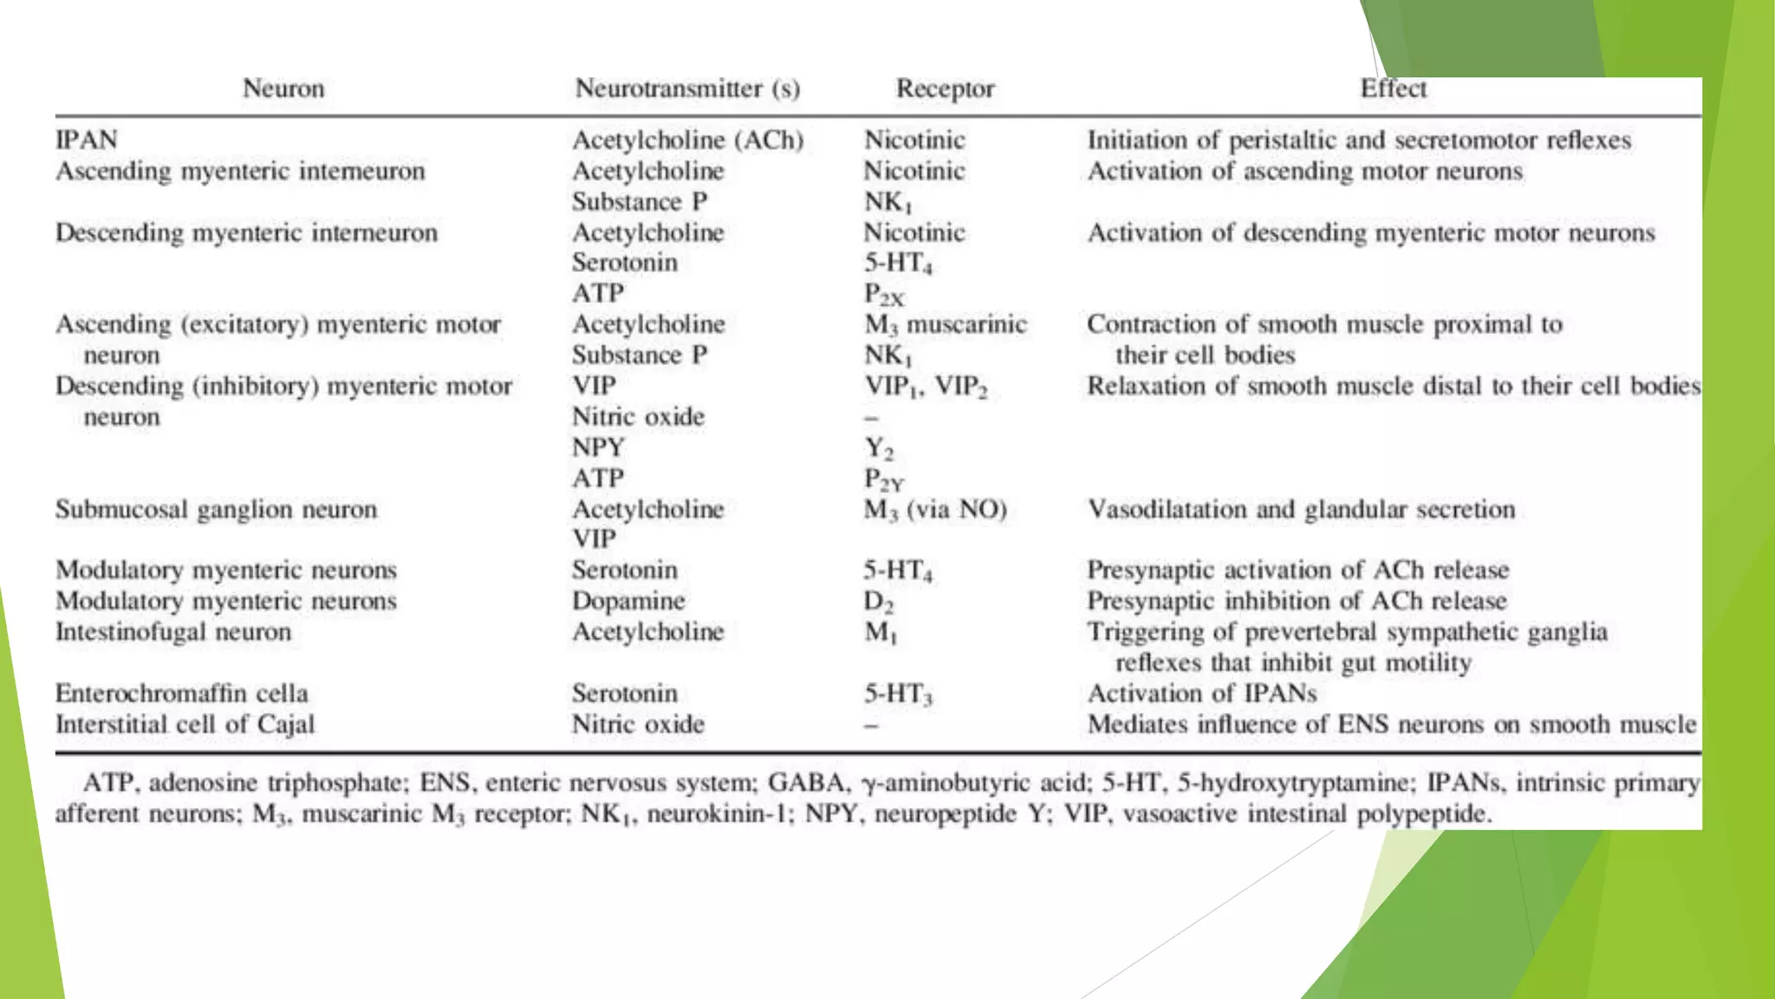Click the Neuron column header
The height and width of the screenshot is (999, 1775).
pyautogui.click(x=283, y=88)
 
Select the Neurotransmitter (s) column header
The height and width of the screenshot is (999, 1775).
pyautogui.click(x=687, y=88)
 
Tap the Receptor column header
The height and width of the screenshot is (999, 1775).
pyautogui.click(x=945, y=88)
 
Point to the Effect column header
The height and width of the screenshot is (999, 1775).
pyautogui.click(x=1393, y=88)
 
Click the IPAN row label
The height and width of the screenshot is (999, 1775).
pyautogui.click(x=87, y=140)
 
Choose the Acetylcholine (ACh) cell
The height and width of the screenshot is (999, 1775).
pyautogui.click(x=687, y=140)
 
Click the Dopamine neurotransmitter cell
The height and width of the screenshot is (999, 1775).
pyautogui.click(x=628, y=601)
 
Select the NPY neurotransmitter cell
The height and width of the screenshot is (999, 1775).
pyautogui.click(x=598, y=447)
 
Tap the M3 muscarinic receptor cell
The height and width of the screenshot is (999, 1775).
pyautogui.click(x=945, y=324)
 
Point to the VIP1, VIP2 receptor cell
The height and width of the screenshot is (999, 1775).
pyautogui.click(x=926, y=386)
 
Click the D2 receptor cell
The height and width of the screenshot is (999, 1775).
pyautogui.click(x=878, y=601)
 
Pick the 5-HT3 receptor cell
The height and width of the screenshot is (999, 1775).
pyautogui.click(x=897, y=694)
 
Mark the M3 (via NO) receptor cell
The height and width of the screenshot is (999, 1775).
pyautogui.click(x=935, y=509)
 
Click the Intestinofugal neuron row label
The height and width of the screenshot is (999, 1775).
pyautogui.click(x=173, y=632)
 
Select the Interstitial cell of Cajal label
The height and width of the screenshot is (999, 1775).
pyautogui.click(x=185, y=724)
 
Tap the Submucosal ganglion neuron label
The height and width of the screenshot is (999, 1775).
pyautogui.click(x=217, y=509)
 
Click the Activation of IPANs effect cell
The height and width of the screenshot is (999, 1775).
pyautogui.click(x=1202, y=694)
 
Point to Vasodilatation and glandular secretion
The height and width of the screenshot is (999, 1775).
pyautogui.click(x=1301, y=509)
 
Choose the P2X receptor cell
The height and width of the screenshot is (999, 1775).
pyautogui.click(x=883, y=295)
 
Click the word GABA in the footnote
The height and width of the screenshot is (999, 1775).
pyautogui.click(x=806, y=783)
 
